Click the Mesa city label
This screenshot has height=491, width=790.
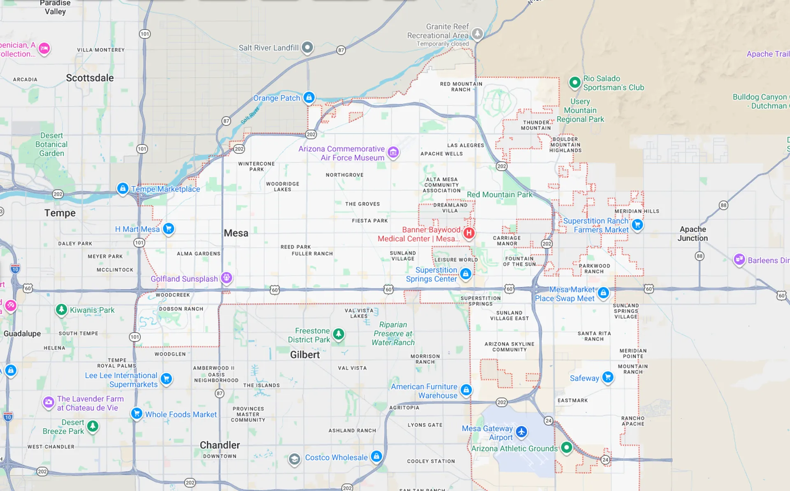[236, 233]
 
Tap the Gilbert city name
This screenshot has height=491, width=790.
[304, 355]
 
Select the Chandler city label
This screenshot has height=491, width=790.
[220, 445]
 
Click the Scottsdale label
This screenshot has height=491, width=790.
[90, 78]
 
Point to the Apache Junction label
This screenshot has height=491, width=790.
[692, 234]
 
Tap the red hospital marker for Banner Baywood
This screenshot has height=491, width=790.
[469, 233]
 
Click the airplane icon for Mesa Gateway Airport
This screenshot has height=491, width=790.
[521, 432]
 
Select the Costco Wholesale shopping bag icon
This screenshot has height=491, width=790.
[376, 456]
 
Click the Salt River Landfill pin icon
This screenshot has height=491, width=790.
[307, 47]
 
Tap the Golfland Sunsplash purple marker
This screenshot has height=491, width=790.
[226, 278]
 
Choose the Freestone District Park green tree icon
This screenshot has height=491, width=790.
[338, 334]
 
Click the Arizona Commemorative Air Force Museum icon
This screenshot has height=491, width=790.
[393, 152]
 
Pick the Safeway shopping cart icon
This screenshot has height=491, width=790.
[607, 377]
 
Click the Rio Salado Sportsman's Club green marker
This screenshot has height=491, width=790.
[574, 82]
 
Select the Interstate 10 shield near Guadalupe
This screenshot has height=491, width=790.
[15, 269]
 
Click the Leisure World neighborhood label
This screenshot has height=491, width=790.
[456, 260]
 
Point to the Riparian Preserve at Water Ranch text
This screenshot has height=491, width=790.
[393, 334]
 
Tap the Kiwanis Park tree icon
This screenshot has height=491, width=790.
[61, 309]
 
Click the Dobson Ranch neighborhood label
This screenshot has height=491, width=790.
[181, 309]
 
